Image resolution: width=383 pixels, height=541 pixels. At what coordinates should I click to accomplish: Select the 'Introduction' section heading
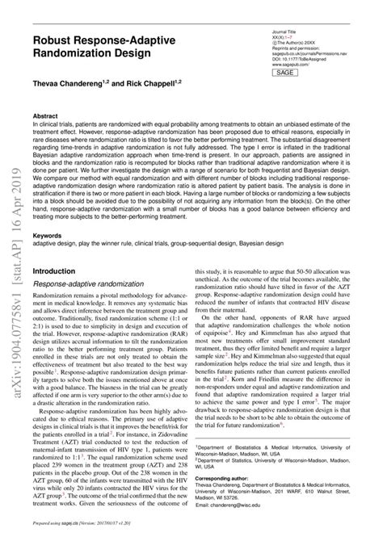pos(54,273)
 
